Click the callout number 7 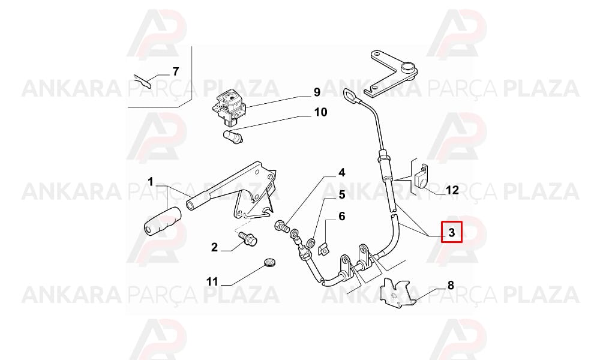pyautogui.click(x=176, y=71)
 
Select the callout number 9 pyautogui.click(x=317, y=92)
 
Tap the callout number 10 pyautogui.click(x=320, y=112)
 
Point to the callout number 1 pyautogui.click(x=151, y=181)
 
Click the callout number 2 pyautogui.click(x=214, y=247)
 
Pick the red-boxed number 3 pyautogui.click(x=452, y=232)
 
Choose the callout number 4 pyautogui.click(x=341, y=173)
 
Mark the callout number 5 pyautogui.click(x=341, y=195)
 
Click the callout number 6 pyautogui.click(x=341, y=217)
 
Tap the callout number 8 pyautogui.click(x=451, y=285)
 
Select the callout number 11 pyautogui.click(x=212, y=282)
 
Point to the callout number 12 pyautogui.click(x=452, y=190)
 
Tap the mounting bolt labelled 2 pyautogui.click(x=247, y=238)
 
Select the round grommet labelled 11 pyautogui.click(x=270, y=263)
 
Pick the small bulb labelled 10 pyautogui.click(x=233, y=137)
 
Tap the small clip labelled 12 pyautogui.click(x=422, y=176)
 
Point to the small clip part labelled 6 pyautogui.click(x=324, y=250)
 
